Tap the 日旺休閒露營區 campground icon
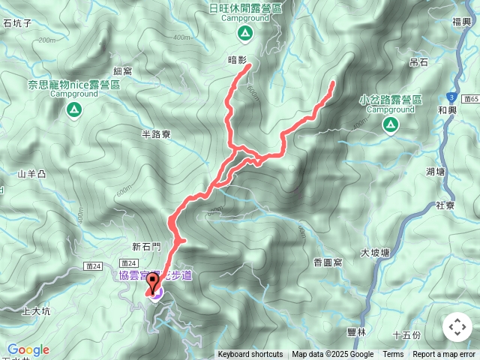[244, 33]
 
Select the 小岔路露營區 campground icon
[390, 125]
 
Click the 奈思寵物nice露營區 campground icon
[73, 111]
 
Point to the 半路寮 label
[156, 133]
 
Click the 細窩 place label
[123, 70]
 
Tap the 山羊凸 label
[31, 175]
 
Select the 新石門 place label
[146, 246]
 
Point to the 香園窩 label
[328, 262]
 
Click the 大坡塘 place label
[374, 253]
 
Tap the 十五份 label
[406, 334]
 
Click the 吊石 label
[419, 62]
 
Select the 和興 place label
[447, 109]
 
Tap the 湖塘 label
[435, 172]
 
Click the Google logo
[28, 349]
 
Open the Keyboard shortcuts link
[250, 355]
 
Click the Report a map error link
[444, 355]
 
